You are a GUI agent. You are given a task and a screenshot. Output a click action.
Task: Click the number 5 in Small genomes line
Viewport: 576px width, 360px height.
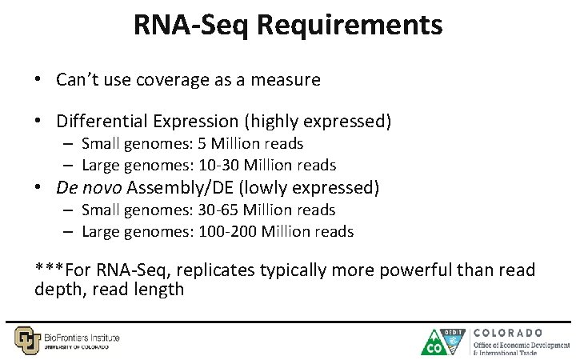pos(202,144)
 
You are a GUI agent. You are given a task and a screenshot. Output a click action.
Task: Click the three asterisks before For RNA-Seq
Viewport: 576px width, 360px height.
pos(50,270)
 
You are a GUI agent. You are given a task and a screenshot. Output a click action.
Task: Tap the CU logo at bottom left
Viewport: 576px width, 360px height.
pos(27,340)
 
